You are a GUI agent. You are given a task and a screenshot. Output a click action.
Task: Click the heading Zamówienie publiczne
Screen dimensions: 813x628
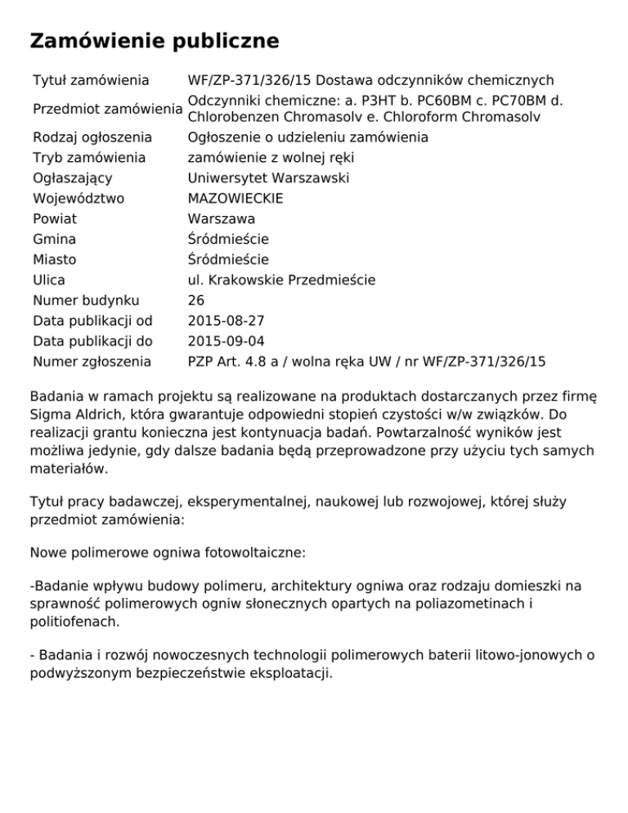154,41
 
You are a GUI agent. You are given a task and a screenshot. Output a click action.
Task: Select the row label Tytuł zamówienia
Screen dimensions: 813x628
91,80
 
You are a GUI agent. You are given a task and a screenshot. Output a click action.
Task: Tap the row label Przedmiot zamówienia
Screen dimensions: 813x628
107,109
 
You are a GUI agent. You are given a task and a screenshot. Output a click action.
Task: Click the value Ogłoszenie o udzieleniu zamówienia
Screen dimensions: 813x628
307,137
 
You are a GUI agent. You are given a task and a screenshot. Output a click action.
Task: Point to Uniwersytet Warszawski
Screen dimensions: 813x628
257,178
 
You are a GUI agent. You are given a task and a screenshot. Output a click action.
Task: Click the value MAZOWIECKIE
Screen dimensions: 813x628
235,199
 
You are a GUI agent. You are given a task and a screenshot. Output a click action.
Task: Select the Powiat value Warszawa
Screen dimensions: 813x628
221,219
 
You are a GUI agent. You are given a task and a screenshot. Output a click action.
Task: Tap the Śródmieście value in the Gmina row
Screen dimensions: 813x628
228,240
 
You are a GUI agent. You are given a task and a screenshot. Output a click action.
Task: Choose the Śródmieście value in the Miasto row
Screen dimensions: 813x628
228,260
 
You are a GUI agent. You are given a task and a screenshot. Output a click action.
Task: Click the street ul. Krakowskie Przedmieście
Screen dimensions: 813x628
281,281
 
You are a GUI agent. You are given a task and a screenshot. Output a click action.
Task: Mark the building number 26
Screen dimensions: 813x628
196,300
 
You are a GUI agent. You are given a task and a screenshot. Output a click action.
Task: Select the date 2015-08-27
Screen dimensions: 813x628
226,321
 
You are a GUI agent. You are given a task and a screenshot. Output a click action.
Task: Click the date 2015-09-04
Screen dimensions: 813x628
226,341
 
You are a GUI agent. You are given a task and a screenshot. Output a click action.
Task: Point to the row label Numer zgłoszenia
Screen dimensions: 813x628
92,362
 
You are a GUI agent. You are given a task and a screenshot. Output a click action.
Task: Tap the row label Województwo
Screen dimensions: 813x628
78,199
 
